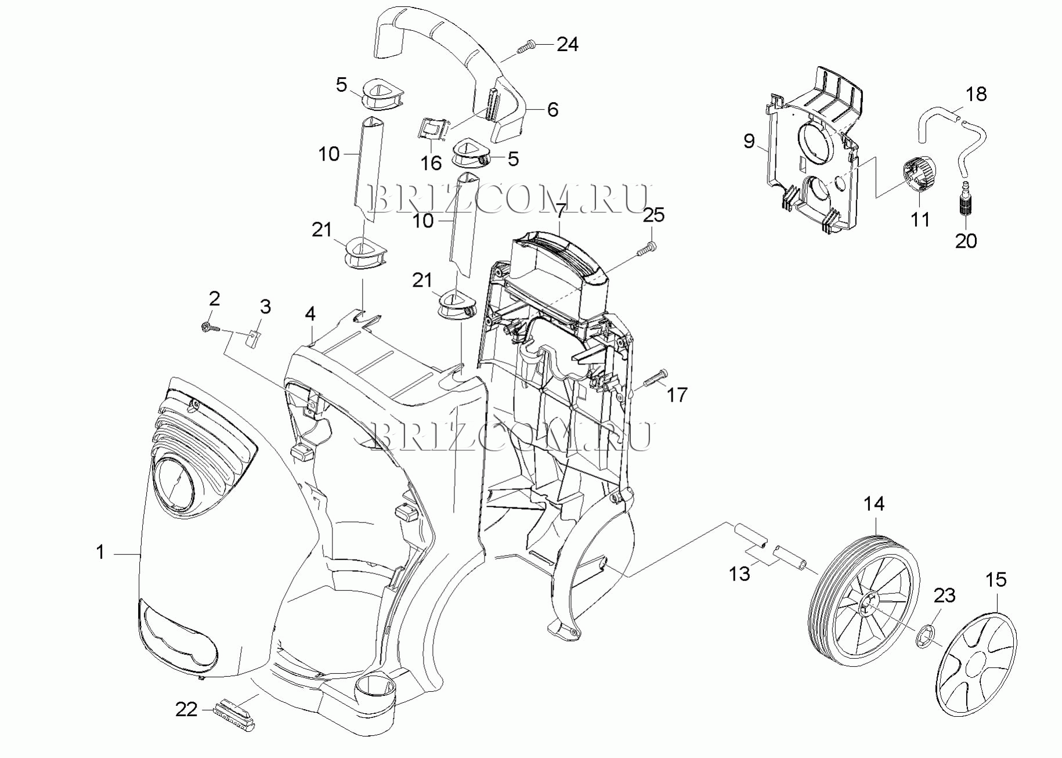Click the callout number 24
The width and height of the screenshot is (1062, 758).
[x=568, y=44]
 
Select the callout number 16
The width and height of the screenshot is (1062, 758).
[x=431, y=163]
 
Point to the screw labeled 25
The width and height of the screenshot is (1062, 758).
[x=646, y=250]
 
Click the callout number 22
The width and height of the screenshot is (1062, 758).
[x=186, y=709]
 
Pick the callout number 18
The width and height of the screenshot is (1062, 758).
[x=977, y=94]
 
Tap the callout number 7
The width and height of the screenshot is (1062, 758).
[x=559, y=211]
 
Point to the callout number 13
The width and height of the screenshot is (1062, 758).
[x=739, y=574]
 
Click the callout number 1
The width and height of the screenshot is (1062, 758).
[x=100, y=552]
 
